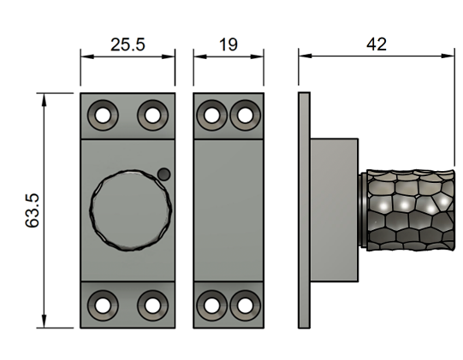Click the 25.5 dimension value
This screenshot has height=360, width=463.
[128, 44]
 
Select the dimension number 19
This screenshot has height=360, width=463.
[228, 44]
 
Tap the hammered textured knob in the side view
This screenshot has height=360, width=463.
[407, 210]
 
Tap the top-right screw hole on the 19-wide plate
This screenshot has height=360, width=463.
[245, 114]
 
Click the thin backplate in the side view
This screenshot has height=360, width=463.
[303, 210]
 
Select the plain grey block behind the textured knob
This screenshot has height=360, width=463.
[332, 210]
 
